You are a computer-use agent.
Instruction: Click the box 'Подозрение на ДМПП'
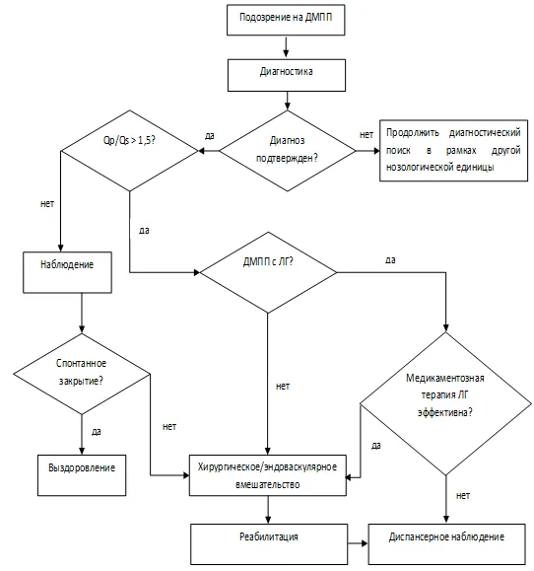coord(286,20)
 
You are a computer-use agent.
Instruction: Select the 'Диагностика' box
coord(287,75)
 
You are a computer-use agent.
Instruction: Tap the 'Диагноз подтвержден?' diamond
coord(287,151)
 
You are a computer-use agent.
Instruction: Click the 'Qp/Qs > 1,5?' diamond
coord(129,151)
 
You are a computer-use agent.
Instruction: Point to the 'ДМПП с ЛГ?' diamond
coord(268,272)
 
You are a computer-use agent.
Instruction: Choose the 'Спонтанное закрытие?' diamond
coord(82,374)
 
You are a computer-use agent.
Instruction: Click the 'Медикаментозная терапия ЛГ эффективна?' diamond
coord(445,404)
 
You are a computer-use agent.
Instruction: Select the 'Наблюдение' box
coord(67,272)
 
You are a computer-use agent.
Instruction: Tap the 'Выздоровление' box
coord(82,475)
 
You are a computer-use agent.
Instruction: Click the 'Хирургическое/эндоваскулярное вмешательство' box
coord(268,475)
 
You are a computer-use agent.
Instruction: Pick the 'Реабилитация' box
coord(269,544)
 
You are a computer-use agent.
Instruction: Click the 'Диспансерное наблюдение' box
coord(446,544)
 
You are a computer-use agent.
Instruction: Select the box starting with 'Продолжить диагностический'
coord(453,151)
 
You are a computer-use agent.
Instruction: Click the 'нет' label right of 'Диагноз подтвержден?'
coord(367,135)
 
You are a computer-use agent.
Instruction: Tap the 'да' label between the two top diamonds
coord(210,136)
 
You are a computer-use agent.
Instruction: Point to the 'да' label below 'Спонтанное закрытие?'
coord(96,432)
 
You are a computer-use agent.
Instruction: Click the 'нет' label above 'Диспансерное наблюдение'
coord(463,496)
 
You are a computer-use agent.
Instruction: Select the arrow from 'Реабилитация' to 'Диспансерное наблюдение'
coord(358,543)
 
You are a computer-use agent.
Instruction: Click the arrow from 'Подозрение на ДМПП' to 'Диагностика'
coord(286,46)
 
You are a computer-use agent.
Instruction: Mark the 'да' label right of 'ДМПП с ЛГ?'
coord(390,260)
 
